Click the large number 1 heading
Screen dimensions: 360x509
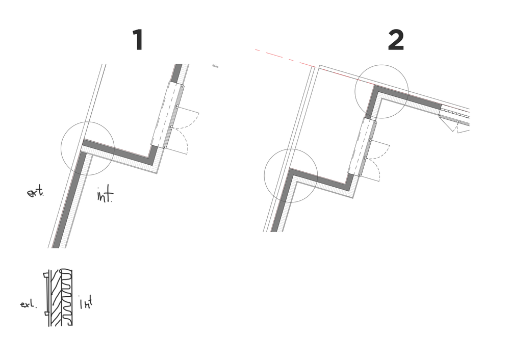[x=138, y=40]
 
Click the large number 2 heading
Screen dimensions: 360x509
[x=396, y=40]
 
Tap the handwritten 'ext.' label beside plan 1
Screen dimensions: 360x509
[x=35, y=193]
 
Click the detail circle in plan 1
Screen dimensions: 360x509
[x=87, y=148]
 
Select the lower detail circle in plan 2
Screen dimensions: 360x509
[x=291, y=175]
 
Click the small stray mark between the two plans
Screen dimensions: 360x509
[x=215, y=66]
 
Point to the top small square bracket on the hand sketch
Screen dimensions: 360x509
[x=46, y=277]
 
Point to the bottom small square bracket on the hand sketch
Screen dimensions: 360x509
[x=46, y=312]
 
